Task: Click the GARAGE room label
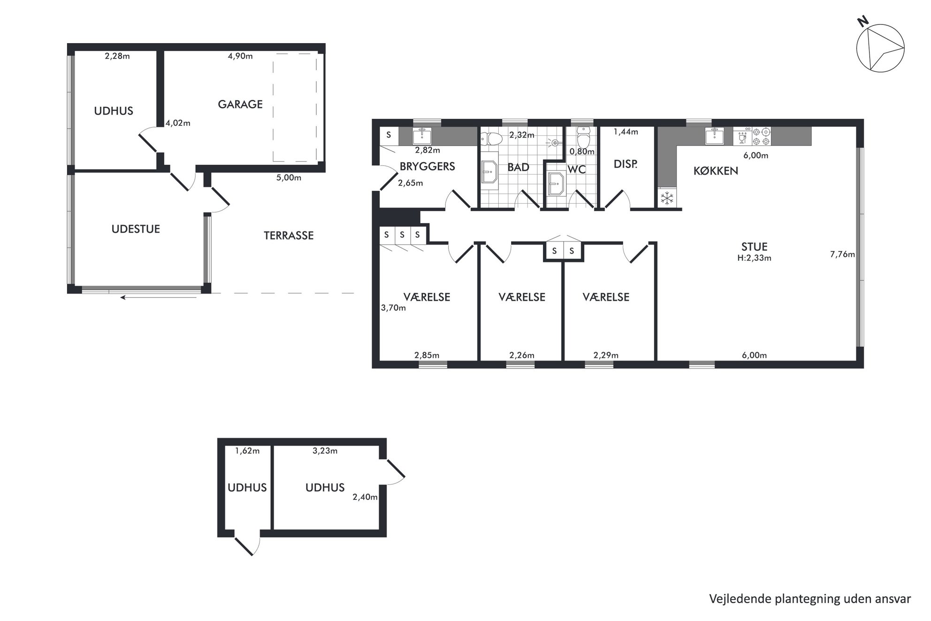240,104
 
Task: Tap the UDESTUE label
136,229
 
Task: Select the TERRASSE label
289,236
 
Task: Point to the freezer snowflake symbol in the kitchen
667,199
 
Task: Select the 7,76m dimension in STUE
842,254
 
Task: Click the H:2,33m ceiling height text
754,258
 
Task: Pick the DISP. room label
626,164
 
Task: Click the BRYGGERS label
427,167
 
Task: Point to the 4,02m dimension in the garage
178,123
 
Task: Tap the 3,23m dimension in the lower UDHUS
325,451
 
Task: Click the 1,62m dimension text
247,451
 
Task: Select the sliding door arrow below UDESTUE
158,297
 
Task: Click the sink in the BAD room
490,172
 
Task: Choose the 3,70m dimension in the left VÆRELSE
393,308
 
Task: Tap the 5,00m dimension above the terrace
289,178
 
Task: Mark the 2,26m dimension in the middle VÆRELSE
522,355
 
